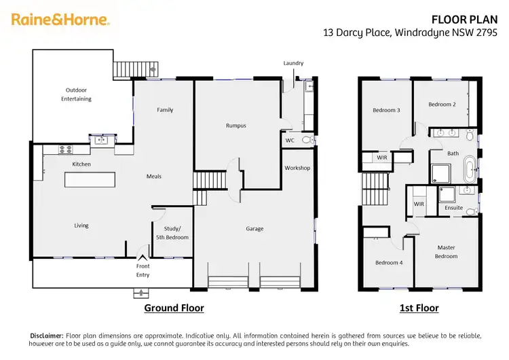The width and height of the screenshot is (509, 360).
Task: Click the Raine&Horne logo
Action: tap(60, 20)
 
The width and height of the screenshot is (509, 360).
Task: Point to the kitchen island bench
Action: tap(90, 179)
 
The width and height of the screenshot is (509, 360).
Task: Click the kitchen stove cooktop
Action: tap(66, 149)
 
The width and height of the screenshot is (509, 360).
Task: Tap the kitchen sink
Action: tap(101, 141)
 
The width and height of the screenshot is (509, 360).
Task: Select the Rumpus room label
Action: tap(235, 126)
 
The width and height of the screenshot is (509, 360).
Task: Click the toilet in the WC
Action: tap(305, 140)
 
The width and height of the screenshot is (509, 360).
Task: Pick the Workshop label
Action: tap(297, 168)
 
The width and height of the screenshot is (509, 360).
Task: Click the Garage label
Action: tap(254, 229)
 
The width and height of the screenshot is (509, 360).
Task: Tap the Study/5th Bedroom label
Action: tap(171, 232)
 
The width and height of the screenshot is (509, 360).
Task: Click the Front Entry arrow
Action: tap(143, 257)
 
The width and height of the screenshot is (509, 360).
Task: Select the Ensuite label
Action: tap(453, 208)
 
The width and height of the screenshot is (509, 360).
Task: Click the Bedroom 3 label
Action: tap(385, 110)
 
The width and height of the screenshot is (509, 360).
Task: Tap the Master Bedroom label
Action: tap(446, 251)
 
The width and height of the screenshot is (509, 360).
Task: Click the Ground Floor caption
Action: tap(174, 308)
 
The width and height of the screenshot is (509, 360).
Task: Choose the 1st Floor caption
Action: tap(419, 308)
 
